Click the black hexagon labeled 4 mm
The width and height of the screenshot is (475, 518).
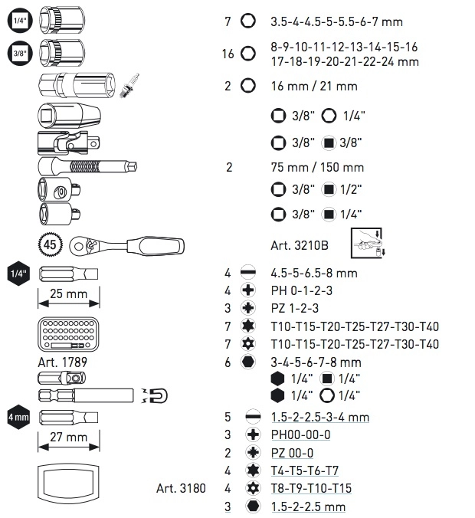(x=18, y=418)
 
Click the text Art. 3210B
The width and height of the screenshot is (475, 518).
(x=300, y=245)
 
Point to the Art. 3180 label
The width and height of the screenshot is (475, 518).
(x=179, y=488)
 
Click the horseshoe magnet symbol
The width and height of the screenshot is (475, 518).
(x=156, y=395)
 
